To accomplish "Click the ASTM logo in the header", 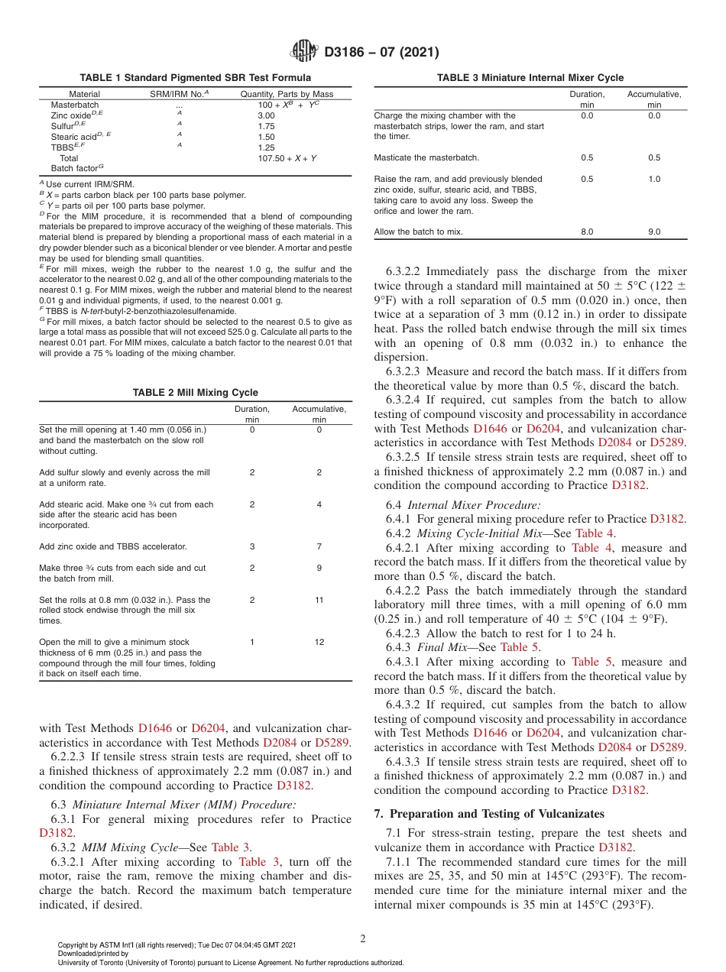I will coord(306,52).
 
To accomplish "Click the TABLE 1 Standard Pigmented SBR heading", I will coord(195,78).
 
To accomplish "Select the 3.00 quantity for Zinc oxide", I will coord(266,115).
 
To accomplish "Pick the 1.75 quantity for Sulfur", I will coord(266,126).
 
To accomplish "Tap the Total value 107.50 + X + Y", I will coord(287,158).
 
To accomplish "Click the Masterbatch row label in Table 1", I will coord(74,105).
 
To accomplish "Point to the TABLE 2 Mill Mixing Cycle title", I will coord(195,393).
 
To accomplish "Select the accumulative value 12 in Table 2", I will coord(319,643).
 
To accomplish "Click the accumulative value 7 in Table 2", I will coord(319,546).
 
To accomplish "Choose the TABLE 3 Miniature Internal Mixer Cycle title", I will coord(530,78).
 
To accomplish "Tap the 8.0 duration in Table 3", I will coord(587,232).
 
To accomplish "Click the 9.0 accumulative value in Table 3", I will coord(655,232).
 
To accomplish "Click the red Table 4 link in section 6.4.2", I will coord(595,533).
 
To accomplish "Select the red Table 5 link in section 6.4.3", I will coord(520,647).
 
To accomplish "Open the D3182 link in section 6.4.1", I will coord(667,519).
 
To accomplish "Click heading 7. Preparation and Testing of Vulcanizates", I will coord(489,813).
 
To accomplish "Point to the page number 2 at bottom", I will coord(363,938).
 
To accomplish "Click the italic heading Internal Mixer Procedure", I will coord(474,505).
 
